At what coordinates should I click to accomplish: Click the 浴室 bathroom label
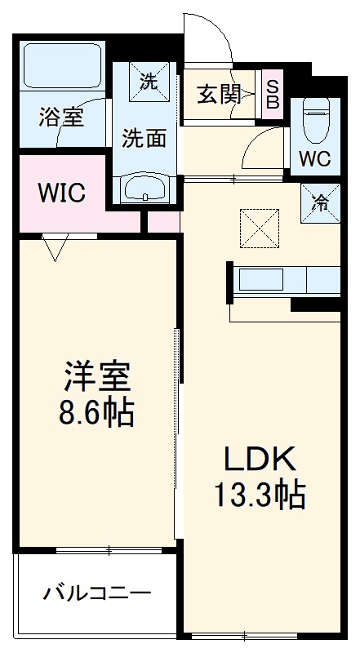tap(61, 118)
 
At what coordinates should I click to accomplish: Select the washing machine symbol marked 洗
tap(149, 81)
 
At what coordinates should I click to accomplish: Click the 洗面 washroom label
tap(145, 138)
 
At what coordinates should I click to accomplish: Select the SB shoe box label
tap(273, 94)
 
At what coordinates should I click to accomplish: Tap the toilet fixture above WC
tap(316, 118)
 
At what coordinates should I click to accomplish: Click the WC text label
tap(314, 159)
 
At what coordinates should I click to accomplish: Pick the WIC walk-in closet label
tap(62, 193)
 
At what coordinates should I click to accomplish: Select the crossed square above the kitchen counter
tap(260, 229)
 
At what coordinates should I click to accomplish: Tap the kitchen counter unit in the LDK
tap(286, 280)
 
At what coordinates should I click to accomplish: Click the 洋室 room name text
tap(97, 377)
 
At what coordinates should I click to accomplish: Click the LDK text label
tap(260, 459)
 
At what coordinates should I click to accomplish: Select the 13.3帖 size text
tap(260, 495)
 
